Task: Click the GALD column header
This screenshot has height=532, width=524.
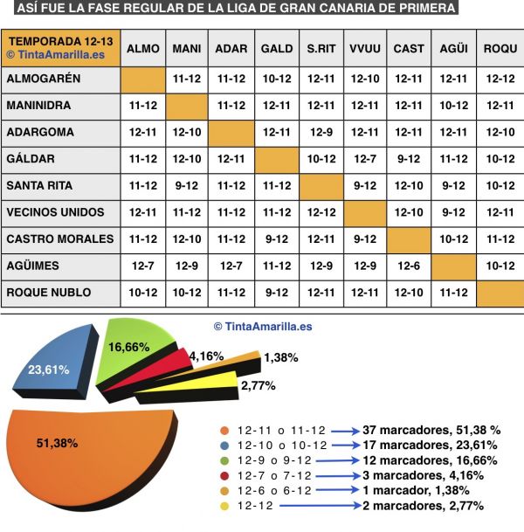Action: pos(276,49)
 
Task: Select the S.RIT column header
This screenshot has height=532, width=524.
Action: pos(321,49)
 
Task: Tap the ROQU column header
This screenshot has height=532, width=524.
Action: pos(500,49)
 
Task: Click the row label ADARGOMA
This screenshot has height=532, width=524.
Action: pos(40,132)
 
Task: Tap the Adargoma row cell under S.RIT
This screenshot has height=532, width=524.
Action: pos(321,132)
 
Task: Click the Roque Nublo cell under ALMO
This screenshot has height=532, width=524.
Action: pos(142,291)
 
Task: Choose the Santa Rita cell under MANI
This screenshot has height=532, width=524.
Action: pos(187,185)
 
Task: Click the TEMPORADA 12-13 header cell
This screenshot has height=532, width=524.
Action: pos(60,48)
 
